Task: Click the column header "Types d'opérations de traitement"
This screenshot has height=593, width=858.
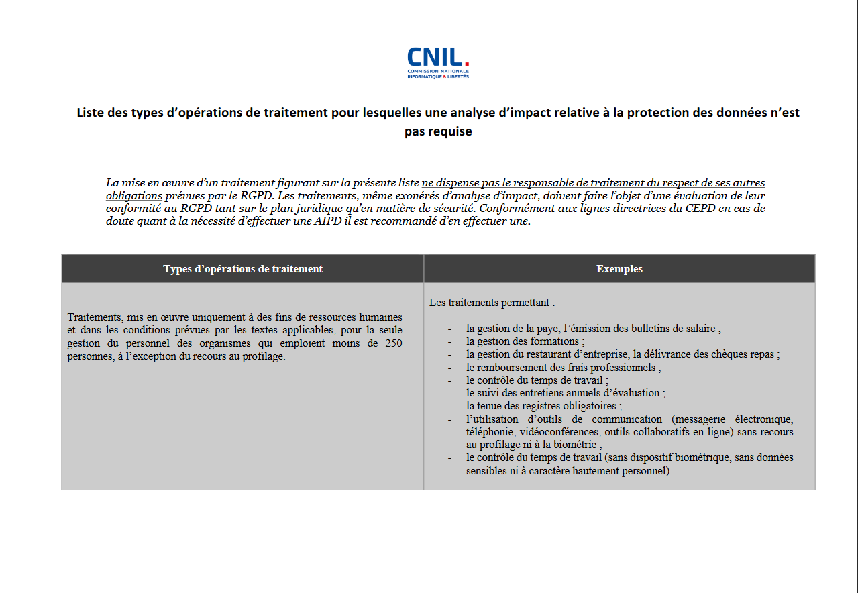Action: pos(242,269)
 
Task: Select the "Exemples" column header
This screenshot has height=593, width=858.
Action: pos(619,269)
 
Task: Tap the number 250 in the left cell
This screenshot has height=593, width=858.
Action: pos(394,343)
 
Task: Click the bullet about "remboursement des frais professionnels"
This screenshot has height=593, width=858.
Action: pos(564,368)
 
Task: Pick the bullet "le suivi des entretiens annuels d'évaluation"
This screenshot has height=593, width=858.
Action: pos(566,393)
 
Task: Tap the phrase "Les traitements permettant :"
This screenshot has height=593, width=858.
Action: pos(492,303)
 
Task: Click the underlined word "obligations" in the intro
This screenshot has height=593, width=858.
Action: pos(134,196)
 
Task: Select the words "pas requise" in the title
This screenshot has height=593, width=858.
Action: pos(438,131)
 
